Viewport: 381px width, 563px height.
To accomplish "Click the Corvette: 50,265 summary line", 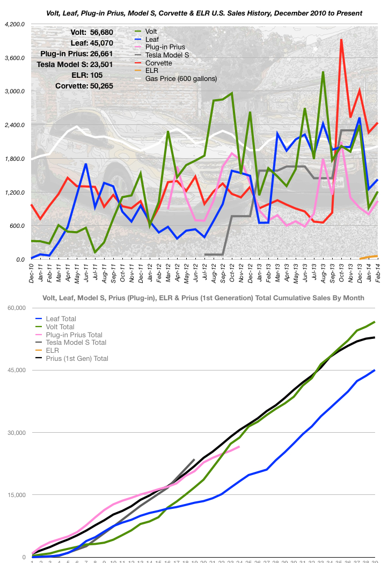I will [x=84, y=85].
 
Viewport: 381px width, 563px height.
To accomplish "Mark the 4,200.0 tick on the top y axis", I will [x=14, y=25].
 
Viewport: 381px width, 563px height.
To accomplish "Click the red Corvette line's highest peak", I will [x=341, y=40].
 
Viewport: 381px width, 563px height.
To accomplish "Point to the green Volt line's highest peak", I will [x=323, y=72].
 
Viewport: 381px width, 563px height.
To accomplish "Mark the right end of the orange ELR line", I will [x=377, y=256].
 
